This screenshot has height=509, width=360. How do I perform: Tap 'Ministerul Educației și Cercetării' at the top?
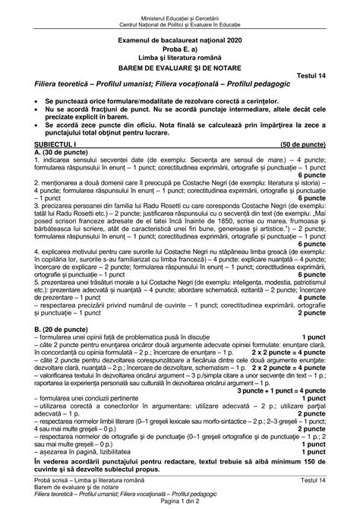(x=180, y=7)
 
